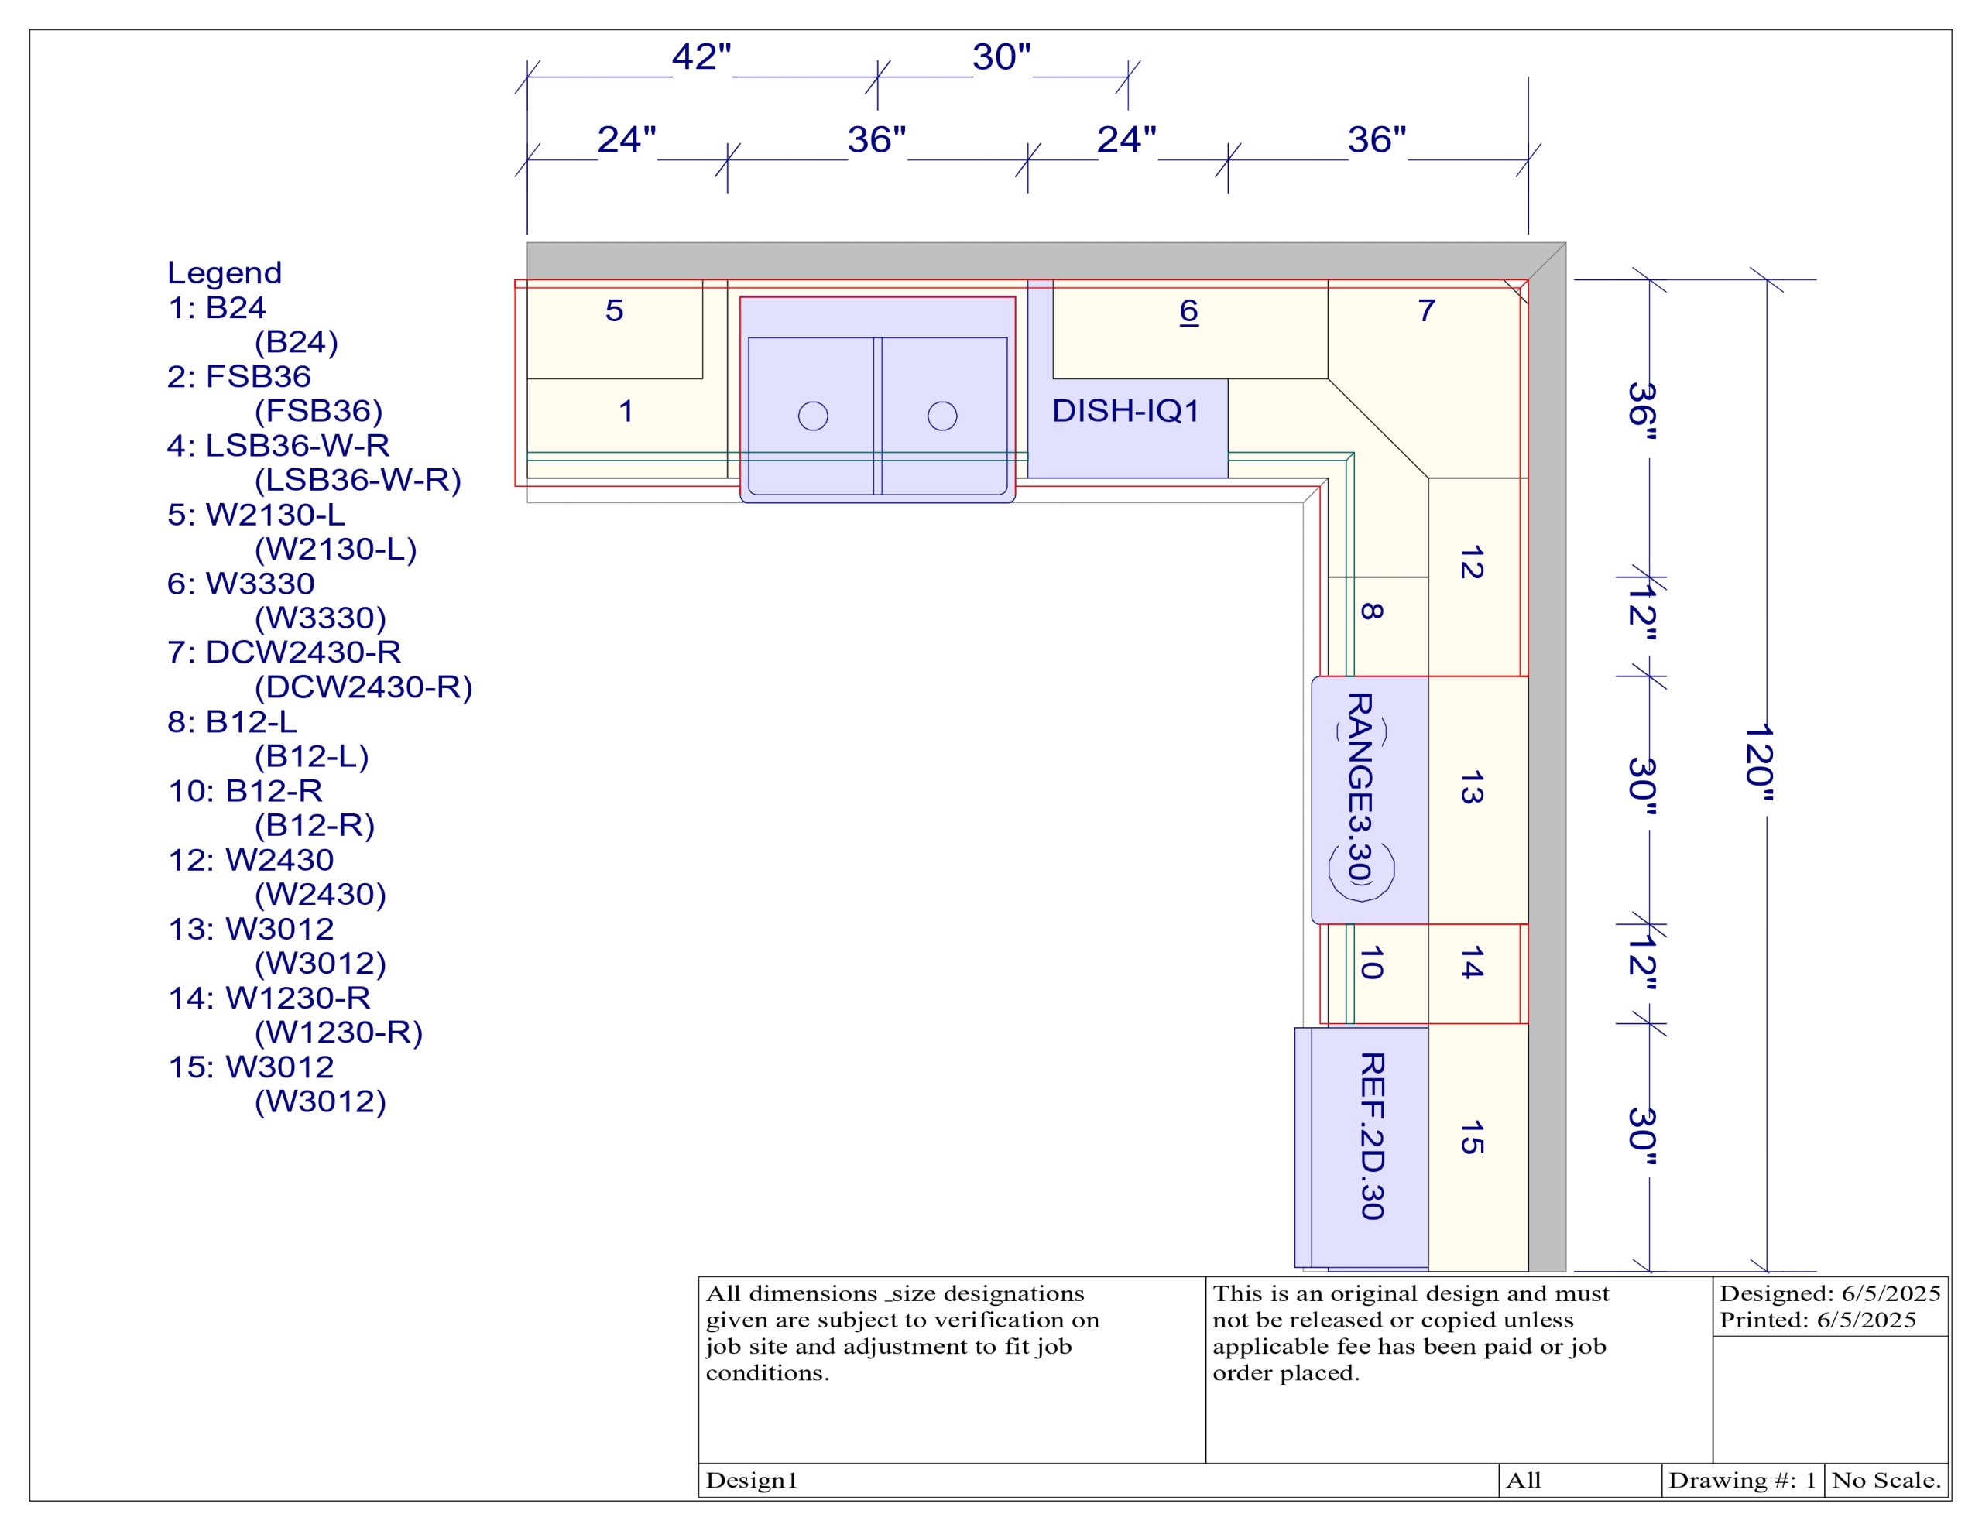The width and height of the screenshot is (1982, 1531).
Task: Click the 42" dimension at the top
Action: coord(701,57)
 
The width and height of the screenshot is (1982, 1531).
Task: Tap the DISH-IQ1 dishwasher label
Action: coord(1125,411)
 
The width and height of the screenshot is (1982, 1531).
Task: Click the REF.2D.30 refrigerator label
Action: coord(1372,1135)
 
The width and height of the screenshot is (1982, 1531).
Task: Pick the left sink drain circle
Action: coord(813,416)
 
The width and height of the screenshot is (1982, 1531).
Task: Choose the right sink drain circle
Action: coord(942,416)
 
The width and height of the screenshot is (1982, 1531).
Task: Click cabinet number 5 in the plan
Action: coord(615,310)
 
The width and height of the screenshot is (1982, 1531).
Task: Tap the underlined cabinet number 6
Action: coord(1189,311)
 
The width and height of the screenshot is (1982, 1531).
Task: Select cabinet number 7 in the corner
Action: coord(1427,310)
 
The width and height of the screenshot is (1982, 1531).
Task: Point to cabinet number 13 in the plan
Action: coord(1472,788)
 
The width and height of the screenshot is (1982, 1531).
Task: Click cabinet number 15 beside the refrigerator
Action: coord(1472,1137)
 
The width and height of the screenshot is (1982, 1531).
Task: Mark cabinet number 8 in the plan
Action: coord(1372,611)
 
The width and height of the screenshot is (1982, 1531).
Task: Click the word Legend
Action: coord(225,273)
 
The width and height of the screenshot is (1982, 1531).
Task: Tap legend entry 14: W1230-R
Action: coord(269,998)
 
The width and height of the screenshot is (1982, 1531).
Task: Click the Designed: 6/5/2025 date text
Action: coord(1829,1293)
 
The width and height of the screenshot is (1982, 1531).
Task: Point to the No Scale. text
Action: coord(1886,1480)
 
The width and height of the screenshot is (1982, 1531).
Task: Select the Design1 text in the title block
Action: coord(752,1480)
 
